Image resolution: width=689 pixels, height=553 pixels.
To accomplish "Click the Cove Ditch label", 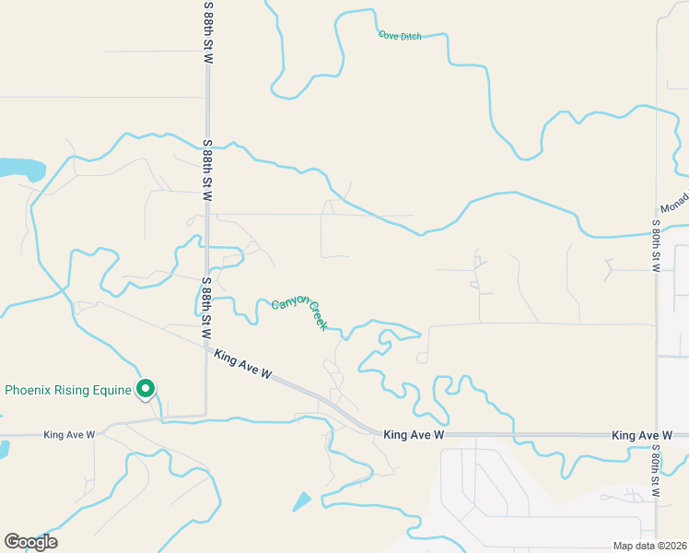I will click(x=400, y=36).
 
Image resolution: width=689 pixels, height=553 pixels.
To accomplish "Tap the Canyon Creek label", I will click(x=300, y=313).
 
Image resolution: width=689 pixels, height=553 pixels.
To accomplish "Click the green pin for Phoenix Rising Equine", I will click(x=145, y=390).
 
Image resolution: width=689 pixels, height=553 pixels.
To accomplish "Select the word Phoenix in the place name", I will click(x=28, y=390).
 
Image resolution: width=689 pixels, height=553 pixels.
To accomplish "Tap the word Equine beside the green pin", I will click(x=112, y=390).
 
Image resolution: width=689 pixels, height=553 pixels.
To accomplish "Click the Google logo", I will click(x=30, y=542).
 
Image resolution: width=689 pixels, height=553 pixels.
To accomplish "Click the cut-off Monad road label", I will click(x=675, y=209).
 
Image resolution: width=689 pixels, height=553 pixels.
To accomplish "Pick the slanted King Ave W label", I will click(x=243, y=364).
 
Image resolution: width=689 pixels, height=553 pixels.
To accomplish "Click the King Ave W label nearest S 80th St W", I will click(x=643, y=435).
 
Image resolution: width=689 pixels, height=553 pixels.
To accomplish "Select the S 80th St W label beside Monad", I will click(x=656, y=245).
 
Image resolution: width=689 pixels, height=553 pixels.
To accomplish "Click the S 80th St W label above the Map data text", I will click(x=656, y=471).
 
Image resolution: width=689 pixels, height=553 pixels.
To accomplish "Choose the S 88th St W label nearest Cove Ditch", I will click(x=208, y=33).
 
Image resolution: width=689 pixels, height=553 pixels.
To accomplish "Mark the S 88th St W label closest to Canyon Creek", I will click(x=208, y=304).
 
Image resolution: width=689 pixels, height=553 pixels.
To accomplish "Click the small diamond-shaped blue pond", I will click(x=301, y=501).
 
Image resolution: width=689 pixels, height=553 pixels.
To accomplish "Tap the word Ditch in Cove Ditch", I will click(x=410, y=36).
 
